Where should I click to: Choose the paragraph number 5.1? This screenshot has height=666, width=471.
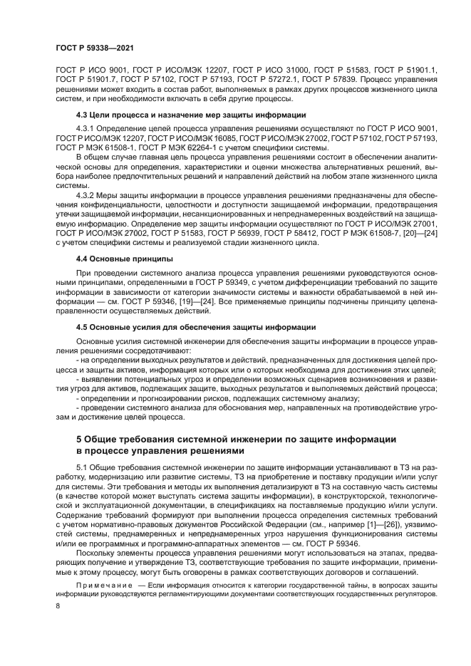point(82,465)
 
